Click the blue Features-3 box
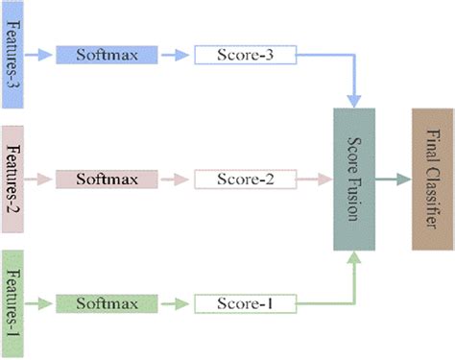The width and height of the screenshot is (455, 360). click(x=19, y=54)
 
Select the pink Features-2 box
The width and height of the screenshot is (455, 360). click(x=19, y=178)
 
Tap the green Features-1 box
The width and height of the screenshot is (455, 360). click(x=19, y=301)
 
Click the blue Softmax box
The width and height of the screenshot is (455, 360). click(x=105, y=55)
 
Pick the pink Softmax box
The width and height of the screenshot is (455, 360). click(x=105, y=179)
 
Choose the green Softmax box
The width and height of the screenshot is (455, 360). click(x=105, y=303)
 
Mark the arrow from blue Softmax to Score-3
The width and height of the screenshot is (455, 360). click(x=174, y=55)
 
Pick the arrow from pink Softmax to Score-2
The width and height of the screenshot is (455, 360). click(x=174, y=179)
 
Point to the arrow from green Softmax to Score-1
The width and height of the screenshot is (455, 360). click(x=174, y=303)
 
